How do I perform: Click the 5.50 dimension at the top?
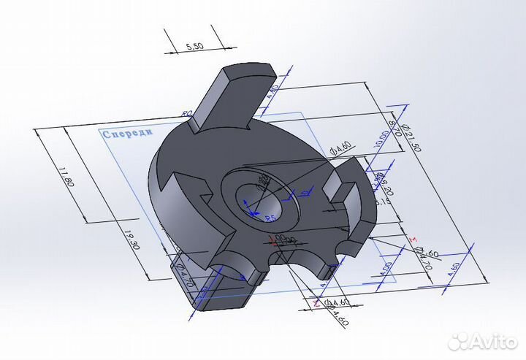pos(195,46)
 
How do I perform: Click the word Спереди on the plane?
pos(128,134)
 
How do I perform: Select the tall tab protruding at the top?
pos(232,96)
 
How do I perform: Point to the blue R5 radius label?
pos(269,218)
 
